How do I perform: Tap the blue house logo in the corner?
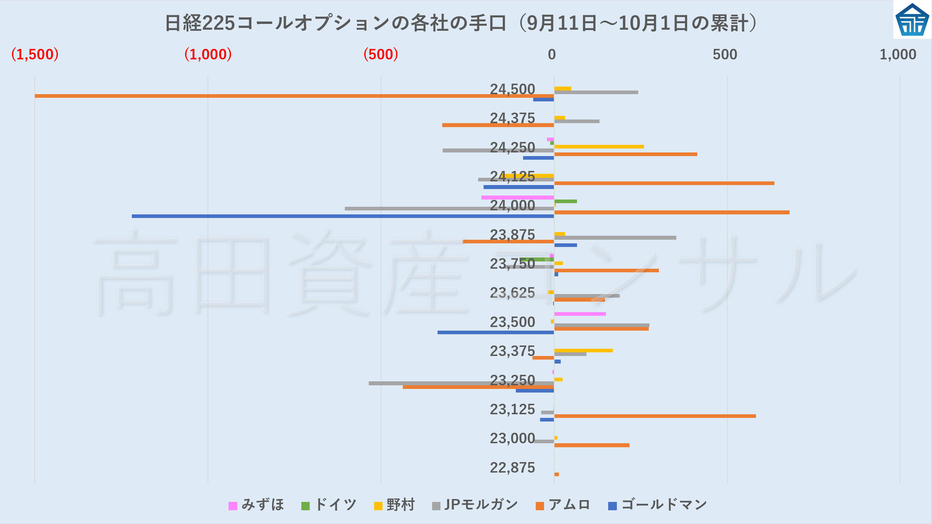coord(912,20)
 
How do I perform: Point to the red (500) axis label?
coord(381,54)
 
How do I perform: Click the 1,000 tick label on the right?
coord(898,54)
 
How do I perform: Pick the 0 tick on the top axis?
coord(551,54)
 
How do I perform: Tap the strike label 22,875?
coord(512,468)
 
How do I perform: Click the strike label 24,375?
coord(512,118)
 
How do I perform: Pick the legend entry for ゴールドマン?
coord(657,505)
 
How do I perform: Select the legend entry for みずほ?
coord(256,505)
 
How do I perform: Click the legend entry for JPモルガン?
coord(475,505)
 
